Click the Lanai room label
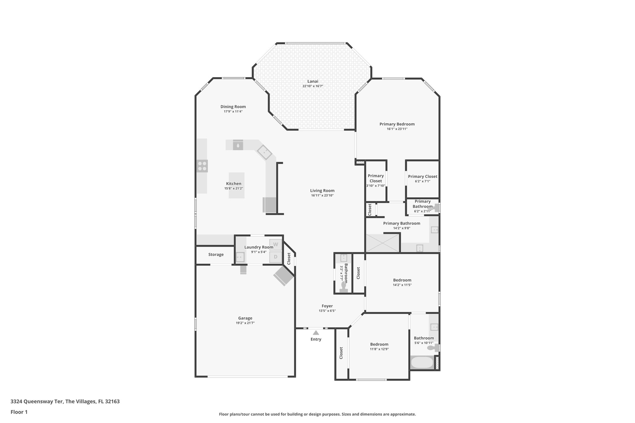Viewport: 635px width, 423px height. click(x=313, y=82)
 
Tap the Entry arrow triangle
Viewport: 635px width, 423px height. click(x=316, y=333)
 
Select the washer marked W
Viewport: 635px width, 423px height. click(x=275, y=245)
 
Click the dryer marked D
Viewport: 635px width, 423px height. click(x=275, y=257)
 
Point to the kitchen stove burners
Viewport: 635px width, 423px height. click(x=202, y=166)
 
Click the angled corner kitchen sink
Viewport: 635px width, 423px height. click(x=264, y=152)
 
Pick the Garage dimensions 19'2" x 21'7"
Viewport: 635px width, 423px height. click(x=245, y=323)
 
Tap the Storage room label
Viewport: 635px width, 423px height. click(x=216, y=254)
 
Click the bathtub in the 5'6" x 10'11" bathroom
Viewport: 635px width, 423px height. click(x=422, y=363)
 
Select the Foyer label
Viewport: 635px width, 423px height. click(x=327, y=306)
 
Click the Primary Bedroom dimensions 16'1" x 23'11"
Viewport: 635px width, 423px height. click(x=397, y=129)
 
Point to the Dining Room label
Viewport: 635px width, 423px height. click(x=233, y=107)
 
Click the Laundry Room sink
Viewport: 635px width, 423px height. click(x=240, y=257)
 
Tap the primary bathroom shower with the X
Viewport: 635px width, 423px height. click(x=382, y=243)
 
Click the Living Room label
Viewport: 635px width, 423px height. click(x=322, y=191)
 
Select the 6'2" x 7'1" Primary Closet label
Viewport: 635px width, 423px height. click(x=422, y=176)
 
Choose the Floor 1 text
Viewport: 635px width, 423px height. click(x=19, y=412)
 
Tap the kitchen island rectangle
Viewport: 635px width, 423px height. click(x=237, y=185)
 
